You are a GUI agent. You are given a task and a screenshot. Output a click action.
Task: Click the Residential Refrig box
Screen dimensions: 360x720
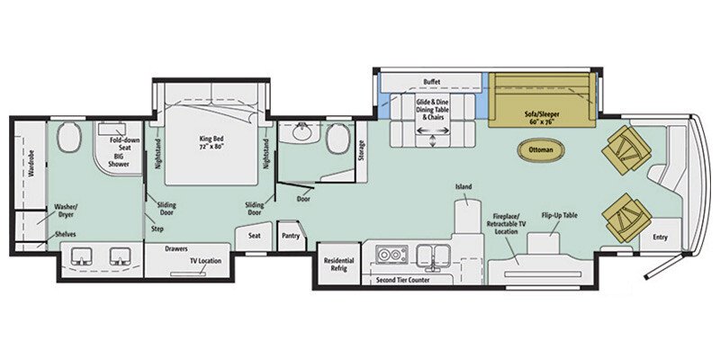coord(338,265)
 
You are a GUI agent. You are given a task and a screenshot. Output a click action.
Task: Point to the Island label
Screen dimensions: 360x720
coord(463,188)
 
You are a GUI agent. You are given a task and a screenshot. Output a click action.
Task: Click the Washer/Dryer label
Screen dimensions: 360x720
coord(67,211)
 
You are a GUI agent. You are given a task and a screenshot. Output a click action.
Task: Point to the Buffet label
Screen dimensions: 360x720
coord(431,83)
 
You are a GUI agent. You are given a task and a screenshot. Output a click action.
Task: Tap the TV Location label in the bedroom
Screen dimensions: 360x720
coord(205,261)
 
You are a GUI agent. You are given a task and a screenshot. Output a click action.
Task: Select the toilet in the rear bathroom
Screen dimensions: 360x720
coord(66,140)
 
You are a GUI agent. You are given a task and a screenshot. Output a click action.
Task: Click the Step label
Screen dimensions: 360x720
coord(157,229)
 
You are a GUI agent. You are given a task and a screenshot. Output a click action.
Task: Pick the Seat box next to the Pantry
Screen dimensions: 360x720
coord(254,235)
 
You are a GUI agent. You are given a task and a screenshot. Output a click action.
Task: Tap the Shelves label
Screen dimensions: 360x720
coord(63,234)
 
